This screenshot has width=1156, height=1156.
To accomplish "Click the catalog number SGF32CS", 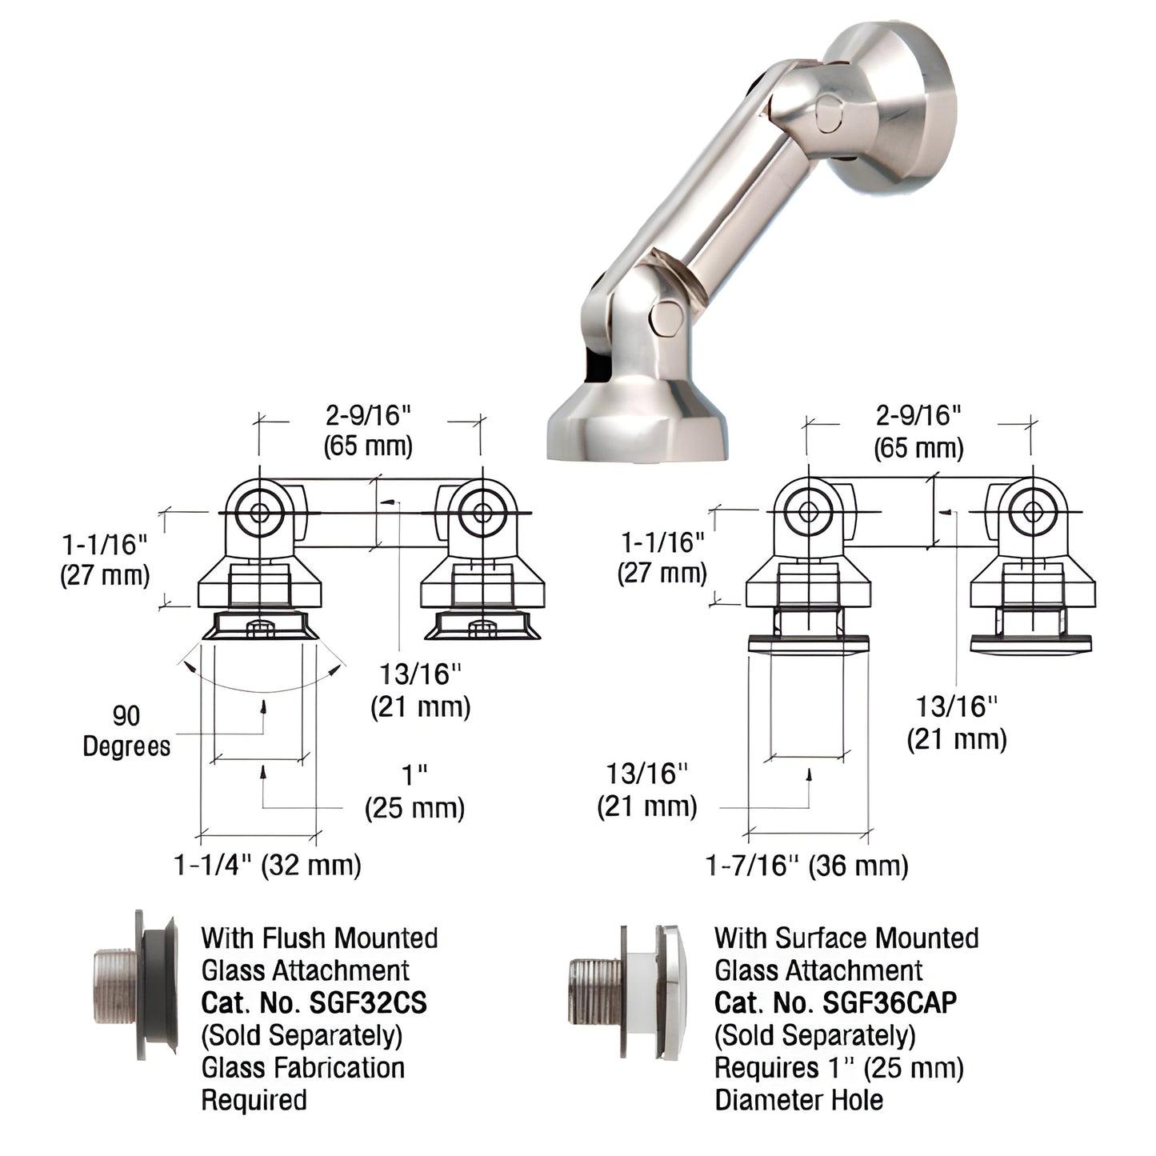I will [x=314, y=1002].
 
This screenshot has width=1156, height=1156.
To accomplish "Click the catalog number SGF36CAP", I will [x=835, y=1002].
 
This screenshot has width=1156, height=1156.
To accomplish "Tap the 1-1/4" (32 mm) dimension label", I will [x=267, y=865].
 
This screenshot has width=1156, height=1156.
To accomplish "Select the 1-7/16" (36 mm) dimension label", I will [x=806, y=865].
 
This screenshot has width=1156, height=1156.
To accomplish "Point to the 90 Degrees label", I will [x=126, y=731].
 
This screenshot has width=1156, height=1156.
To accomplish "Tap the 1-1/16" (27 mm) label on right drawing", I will [x=662, y=558].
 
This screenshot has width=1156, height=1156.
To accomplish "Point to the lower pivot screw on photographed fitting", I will [x=665, y=318].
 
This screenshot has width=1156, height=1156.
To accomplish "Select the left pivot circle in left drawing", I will [x=259, y=513].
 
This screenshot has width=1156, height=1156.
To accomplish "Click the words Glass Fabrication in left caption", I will [x=302, y=1068].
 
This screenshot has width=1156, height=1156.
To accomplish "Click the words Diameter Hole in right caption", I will [x=798, y=1100].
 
